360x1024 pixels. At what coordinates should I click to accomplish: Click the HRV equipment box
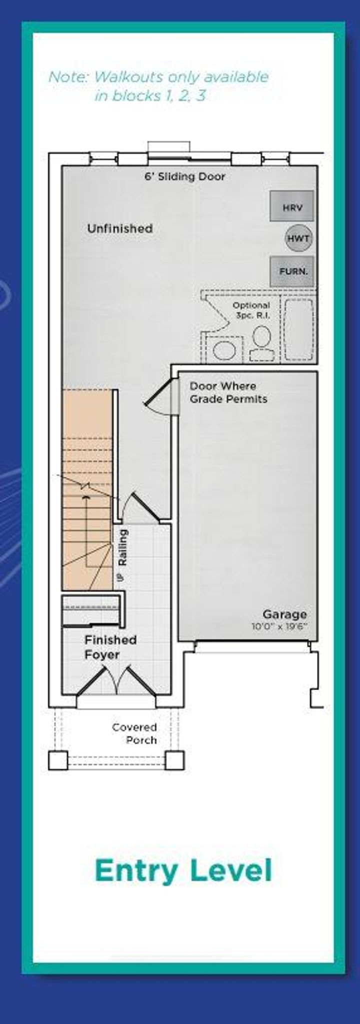pos(292,205)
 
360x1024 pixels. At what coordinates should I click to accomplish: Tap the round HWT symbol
pos(298,238)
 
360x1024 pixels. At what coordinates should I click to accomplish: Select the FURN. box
pos(292,271)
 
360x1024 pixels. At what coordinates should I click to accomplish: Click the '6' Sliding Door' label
pos(184,176)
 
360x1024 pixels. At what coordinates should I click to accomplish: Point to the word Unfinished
pos(120,228)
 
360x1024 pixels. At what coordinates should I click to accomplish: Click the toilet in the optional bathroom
pos(261,344)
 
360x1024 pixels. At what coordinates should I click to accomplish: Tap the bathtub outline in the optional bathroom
pos(298,330)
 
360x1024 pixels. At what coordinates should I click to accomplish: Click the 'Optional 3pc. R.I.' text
pos(251,310)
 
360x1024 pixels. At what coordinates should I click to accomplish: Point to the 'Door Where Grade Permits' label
pos(228,392)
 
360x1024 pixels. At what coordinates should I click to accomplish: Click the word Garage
pos(284,614)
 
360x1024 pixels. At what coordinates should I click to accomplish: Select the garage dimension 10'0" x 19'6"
pos(279,626)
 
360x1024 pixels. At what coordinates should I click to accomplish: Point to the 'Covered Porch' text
pos(134,734)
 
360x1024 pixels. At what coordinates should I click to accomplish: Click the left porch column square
pos(58,760)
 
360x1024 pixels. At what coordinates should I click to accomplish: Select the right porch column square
pos(174,760)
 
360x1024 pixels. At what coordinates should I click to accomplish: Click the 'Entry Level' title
pos(183,870)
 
